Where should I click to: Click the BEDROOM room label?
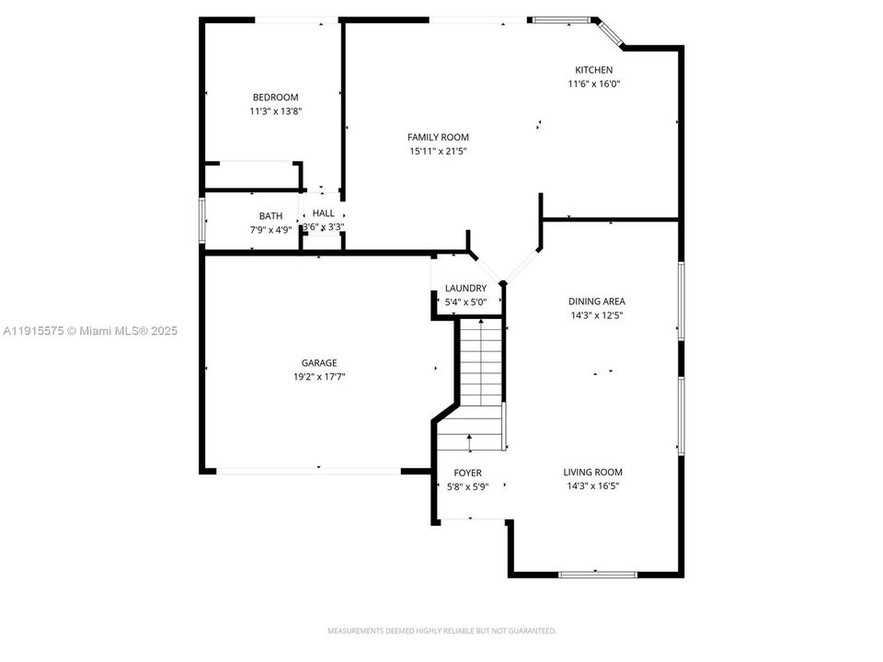tap(275, 97)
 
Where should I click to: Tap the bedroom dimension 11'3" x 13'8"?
tap(275, 111)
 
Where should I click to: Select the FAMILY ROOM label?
tap(439, 137)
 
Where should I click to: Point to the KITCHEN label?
tap(593, 70)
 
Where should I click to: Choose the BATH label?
tap(270, 216)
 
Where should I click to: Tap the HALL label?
tap(323, 212)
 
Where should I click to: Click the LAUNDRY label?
tap(465, 288)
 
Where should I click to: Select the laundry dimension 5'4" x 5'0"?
tap(465, 302)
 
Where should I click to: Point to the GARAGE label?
tap(319, 362)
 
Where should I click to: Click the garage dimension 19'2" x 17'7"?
tap(319, 376)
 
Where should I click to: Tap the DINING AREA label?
tap(597, 301)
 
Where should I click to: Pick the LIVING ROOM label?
tap(592, 473)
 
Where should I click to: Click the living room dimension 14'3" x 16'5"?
tap(592, 486)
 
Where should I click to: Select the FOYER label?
tap(467, 473)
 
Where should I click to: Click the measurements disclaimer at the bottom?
tap(441, 631)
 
